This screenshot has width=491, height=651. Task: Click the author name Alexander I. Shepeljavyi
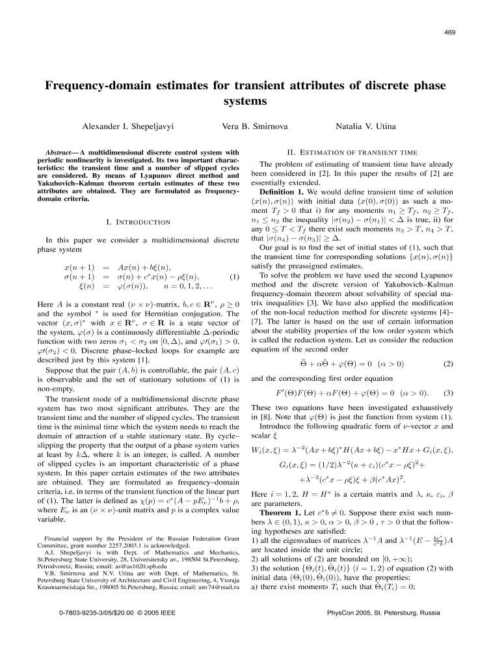(x=138, y=124)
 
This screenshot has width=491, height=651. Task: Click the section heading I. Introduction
(x=134, y=223)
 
